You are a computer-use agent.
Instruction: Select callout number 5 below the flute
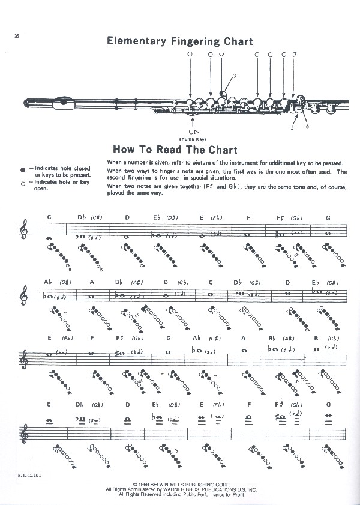tap(292, 127)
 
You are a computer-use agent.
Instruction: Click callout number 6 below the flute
tap(307, 126)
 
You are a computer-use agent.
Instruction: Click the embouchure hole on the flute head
tap(62, 104)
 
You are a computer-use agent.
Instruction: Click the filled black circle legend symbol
tap(22, 170)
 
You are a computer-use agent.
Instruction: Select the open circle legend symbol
tap(22, 183)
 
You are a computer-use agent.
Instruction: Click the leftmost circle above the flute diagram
tap(190, 55)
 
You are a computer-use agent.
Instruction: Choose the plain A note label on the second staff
tap(92, 282)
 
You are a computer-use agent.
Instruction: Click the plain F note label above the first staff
tap(248, 217)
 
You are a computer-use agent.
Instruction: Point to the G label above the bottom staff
tap(328, 404)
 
